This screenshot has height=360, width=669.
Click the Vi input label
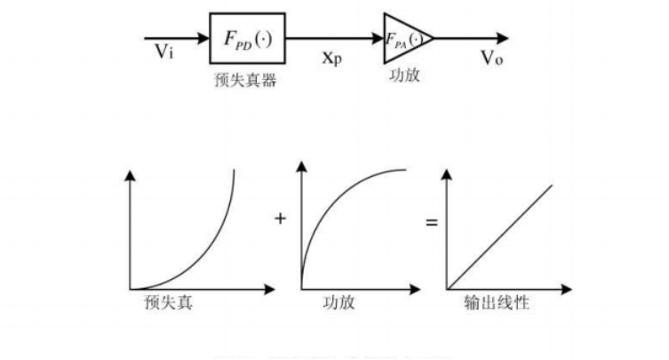coord(164,52)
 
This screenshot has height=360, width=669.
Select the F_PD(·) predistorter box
coord(247,38)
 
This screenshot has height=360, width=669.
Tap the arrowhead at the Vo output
coord(504,38)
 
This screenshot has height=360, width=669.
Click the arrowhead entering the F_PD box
coord(203,38)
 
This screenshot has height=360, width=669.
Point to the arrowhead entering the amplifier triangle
coord(377,38)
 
